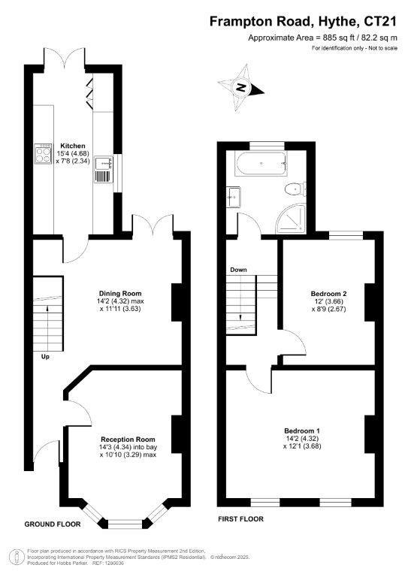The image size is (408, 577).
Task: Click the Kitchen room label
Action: (x=73, y=146)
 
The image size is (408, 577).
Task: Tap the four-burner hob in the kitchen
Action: (x=44, y=154)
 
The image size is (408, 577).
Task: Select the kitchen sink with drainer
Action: (x=104, y=169)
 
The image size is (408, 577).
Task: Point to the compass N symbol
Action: (x=241, y=88)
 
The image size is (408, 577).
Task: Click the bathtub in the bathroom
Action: (x=261, y=163)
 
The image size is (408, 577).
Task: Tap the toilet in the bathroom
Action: (x=295, y=190)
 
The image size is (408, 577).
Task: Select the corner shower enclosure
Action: (x=291, y=219)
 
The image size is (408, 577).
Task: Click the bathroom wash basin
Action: (x=234, y=197)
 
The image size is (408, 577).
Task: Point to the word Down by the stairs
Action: (x=238, y=270)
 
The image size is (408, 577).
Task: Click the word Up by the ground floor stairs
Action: (x=45, y=357)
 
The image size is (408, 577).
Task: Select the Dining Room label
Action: (x=120, y=293)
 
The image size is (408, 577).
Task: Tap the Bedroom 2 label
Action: (x=328, y=294)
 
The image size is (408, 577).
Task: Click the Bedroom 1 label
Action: (x=301, y=430)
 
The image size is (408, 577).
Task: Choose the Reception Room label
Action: (x=128, y=440)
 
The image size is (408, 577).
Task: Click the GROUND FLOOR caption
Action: (x=53, y=524)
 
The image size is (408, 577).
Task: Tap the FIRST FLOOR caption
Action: (x=240, y=519)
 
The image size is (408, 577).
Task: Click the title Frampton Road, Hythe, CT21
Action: (x=303, y=22)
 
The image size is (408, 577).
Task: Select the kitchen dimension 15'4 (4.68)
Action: (x=73, y=153)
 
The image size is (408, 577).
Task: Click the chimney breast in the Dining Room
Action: (x=177, y=302)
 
